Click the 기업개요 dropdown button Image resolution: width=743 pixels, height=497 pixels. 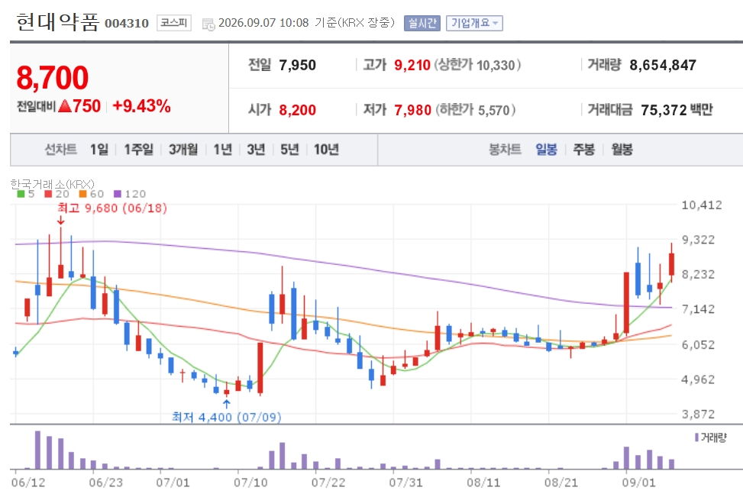pyautogui.click(x=474, y=23)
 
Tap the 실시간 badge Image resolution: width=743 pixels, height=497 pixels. pyautogui.click(x=422, y=23)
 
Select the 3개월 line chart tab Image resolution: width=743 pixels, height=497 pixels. pyautogui.click(x=183, y=150)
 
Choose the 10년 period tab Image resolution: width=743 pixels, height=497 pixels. pyautogui.click(x=327, y=150)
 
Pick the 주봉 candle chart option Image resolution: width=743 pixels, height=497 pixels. pyautogui.click(x=583, y=150)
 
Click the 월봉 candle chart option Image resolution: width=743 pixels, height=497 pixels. pyautogui.click(x=622, y=150)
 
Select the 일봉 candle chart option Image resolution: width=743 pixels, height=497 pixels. pyautogui.click(x=546, y=150)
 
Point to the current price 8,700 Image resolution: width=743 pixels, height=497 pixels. pyautogui.click(x=53, y=78)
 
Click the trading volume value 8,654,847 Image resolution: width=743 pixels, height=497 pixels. pyautogui.click(x=663, y=65)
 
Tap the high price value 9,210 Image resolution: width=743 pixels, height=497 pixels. pyautogui.click(x=412, y=65)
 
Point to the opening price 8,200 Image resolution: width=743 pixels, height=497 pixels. pyautogui.click(x=298, y=110)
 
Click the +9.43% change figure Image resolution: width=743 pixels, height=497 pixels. pyautogui.click(x=142, y=105)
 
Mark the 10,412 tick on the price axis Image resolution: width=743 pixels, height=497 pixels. pyautogui.click(x=702, y=205)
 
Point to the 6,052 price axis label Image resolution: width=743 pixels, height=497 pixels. pyautogui.click(x=698, y=344)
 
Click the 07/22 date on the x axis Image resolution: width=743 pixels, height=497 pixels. pyautogui.click(x=328, y=482)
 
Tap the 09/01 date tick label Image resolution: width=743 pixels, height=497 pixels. pyautogui.click(x=638, y=482)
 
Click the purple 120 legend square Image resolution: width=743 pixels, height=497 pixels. pyautogui.click(x=118, y=194)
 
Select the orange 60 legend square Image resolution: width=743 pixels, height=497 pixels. pyautogui.click(x=83, y=194)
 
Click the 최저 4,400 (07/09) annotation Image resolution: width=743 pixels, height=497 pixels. pyautogui.click(x=227, y=417)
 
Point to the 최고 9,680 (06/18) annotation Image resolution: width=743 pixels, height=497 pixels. pyautogui.click(x=112, y=208)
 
